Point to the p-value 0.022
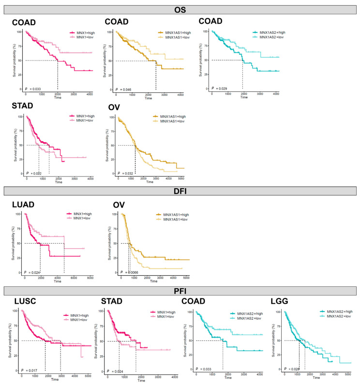[35, 173]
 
